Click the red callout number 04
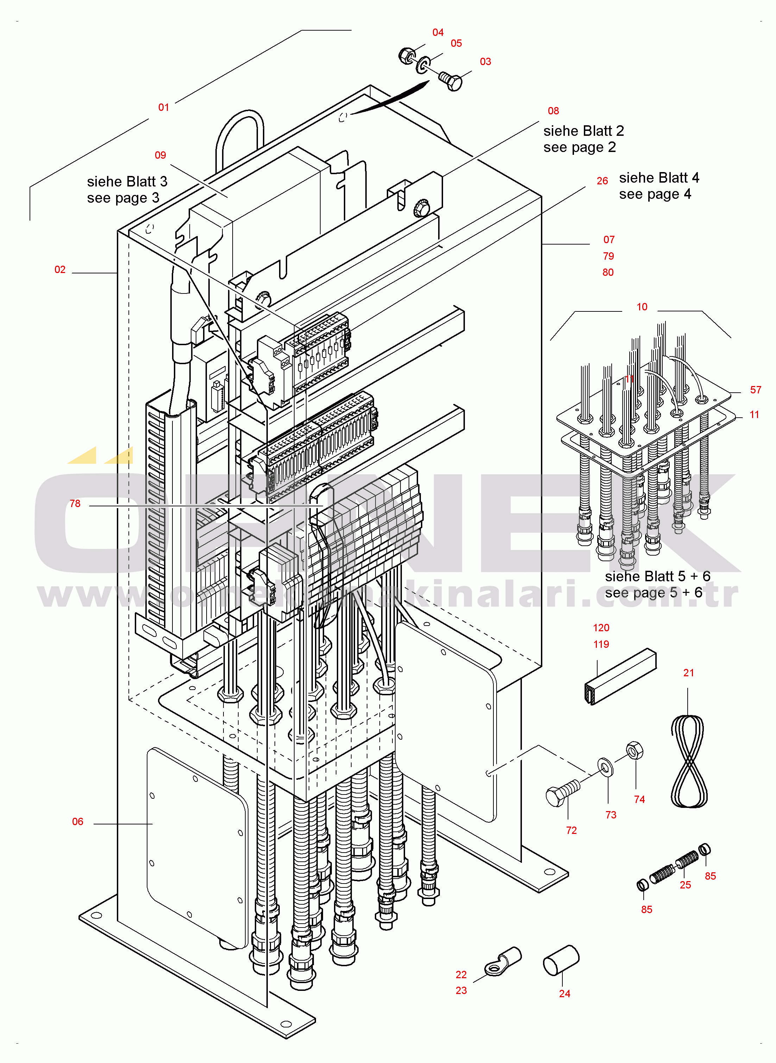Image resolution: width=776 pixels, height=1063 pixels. tap(438, 32)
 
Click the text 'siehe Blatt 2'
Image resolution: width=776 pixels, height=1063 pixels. tap(583, 131)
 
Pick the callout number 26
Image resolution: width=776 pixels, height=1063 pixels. tap(602, 181)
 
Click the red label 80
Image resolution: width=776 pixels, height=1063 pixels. tap(608, 272)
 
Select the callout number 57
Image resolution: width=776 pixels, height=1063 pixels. tap(755, 390)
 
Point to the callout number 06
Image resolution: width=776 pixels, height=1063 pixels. tap(77, 822)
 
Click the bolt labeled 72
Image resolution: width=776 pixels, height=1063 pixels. tap(562, 794)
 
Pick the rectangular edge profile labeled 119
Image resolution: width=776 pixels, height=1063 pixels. tap(620, 676)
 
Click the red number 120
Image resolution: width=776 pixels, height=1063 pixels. tap(601, 628)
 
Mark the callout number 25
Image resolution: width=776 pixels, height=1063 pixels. tap(685, 885)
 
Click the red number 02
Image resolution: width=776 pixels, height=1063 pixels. tap(60, 270)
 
